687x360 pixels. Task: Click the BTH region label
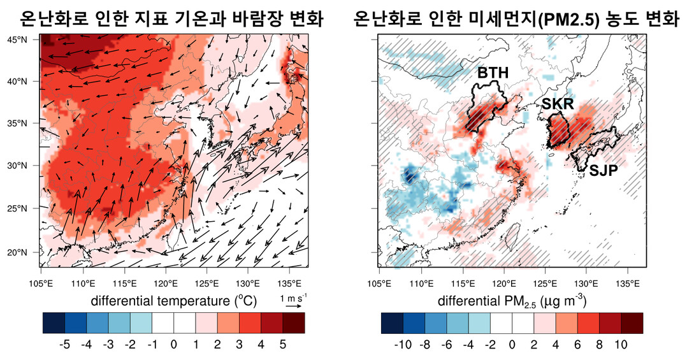493,73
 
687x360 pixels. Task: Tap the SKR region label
558,104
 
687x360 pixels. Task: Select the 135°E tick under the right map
627,283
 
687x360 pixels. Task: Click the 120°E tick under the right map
503,283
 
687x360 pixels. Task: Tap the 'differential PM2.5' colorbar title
512,300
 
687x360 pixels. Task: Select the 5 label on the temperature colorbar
282,345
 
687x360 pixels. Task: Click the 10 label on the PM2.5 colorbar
621,345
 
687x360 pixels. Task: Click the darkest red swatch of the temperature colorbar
294,324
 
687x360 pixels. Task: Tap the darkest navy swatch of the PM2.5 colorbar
391,324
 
